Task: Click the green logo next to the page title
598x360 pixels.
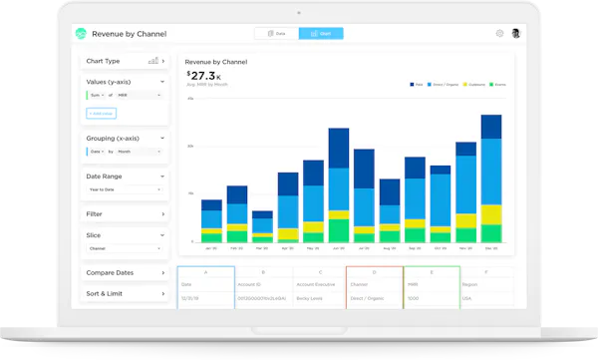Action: pyautogui.click(x=81, y=33)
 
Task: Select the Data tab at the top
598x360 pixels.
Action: pyautogui.click(x=275, y=33)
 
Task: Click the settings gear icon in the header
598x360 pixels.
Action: pyautogui.click(x=499, y=33)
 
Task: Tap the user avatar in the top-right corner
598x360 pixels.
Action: pyautogui.click(x=516, y=33)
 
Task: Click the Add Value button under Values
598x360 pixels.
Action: pyautogui.click(x=102, y=114)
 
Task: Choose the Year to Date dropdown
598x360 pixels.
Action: pyautogui.click(x=126, y=188)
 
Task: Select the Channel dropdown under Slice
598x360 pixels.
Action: pyautogui.click(x=126, y=248)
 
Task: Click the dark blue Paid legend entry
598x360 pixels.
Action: pyautogui.click(x=416, y=85)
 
